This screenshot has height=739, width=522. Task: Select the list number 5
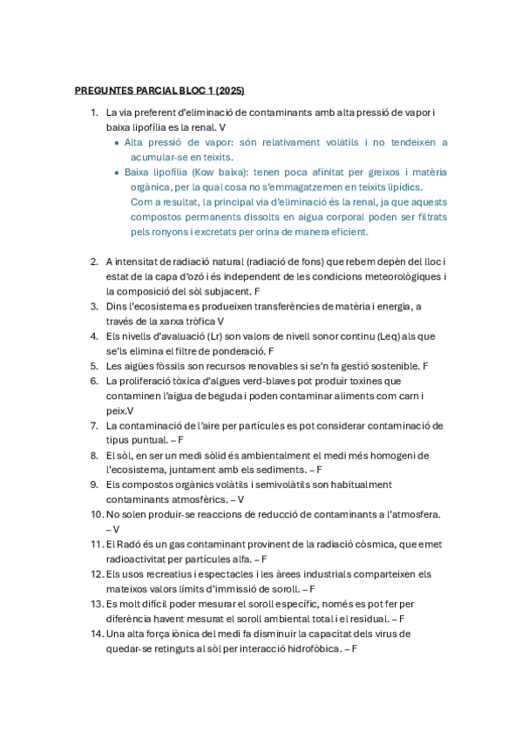(x=94, y=365)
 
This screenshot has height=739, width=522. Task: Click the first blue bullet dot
(x=118, y=142)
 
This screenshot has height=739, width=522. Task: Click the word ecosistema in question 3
(x=155, y=306)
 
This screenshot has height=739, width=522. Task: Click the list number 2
(x=94, y=261)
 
